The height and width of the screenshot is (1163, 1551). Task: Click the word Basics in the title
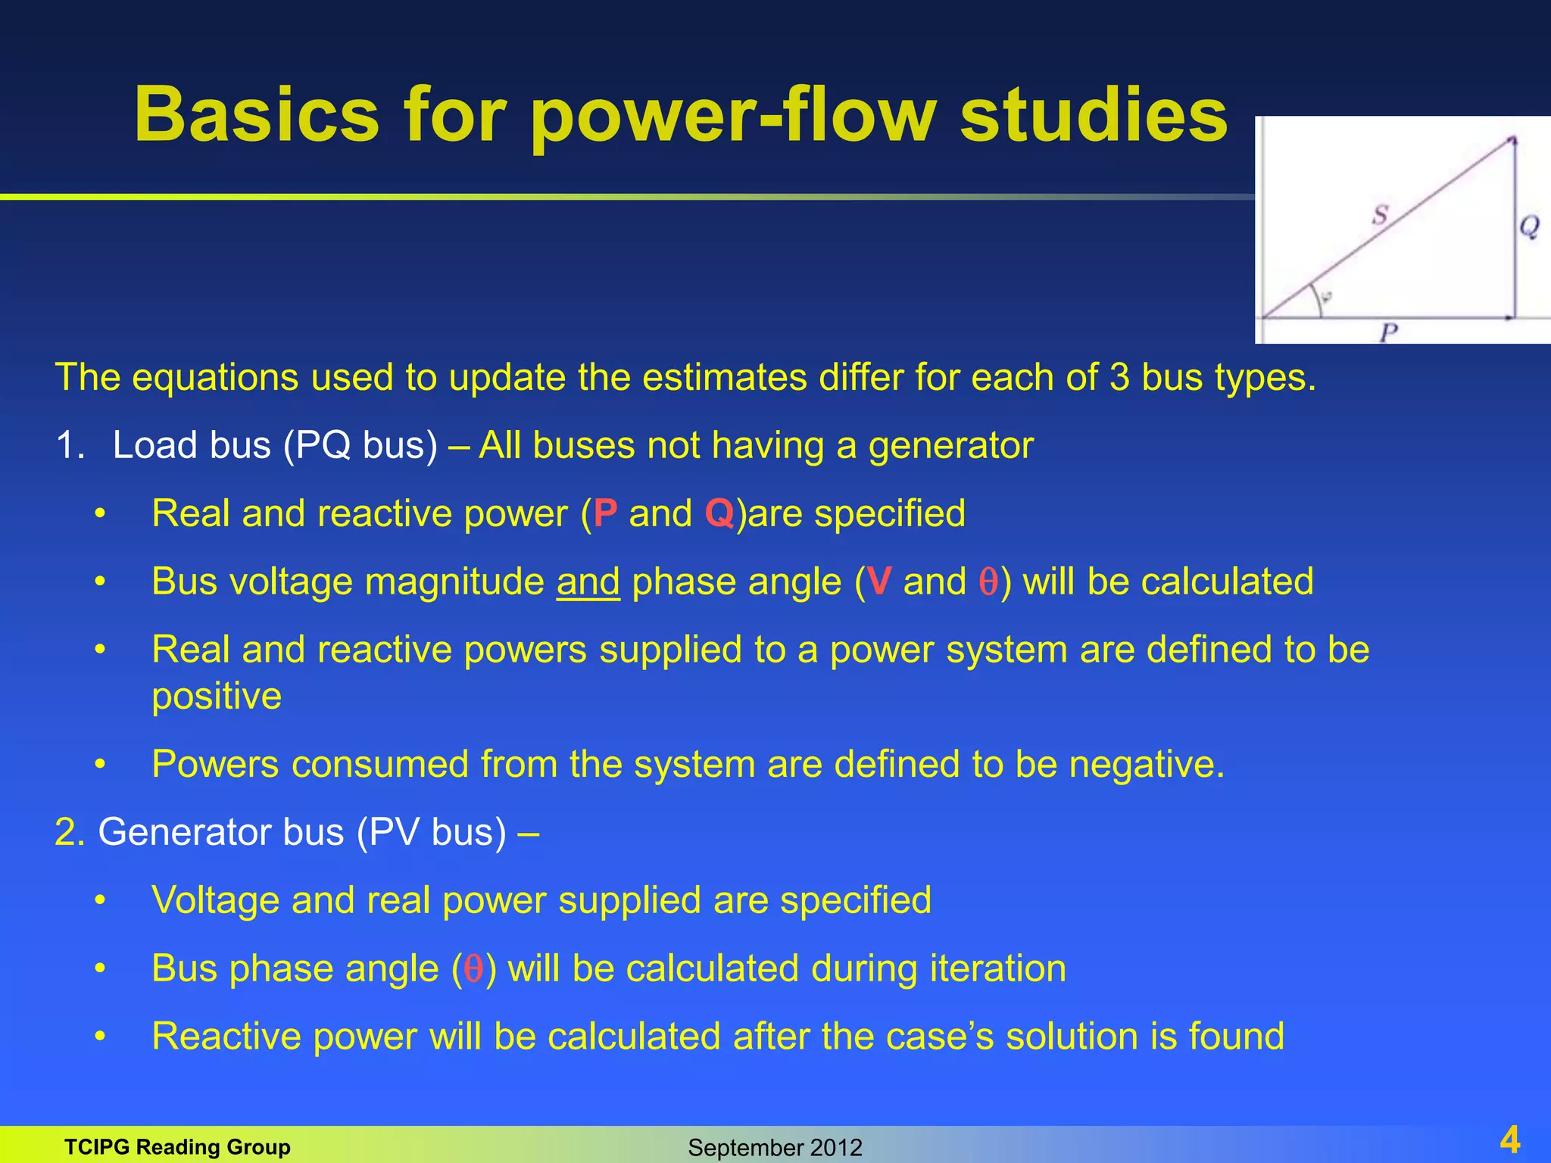[x=256, y=115]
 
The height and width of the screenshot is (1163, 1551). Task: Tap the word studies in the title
[x=1093, y=115]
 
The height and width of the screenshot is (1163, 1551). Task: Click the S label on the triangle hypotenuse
[x=1380, y=215]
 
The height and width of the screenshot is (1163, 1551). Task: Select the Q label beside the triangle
[x=1529, y=226]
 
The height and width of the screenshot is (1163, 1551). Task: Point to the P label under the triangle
[x=1388, y=332]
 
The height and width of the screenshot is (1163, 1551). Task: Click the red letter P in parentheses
[x=605, y=513]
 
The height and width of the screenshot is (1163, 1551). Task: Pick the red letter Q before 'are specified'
[x=719, y=513]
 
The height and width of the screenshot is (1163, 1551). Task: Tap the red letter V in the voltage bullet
[x=878, y=581]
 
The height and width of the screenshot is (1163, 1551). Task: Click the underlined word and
[x=588, y=581]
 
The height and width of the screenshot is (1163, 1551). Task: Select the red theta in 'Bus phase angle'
[x=474, y=968]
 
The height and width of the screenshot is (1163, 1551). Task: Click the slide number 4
[x=1509, y=1140]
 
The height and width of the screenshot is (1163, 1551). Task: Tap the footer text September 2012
[x=774, y=1148]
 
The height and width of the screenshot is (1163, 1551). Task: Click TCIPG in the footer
[x=97, y=1147]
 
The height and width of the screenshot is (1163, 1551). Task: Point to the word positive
[x=217, y=697]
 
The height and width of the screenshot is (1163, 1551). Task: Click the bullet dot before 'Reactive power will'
[x=99, y=1037]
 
